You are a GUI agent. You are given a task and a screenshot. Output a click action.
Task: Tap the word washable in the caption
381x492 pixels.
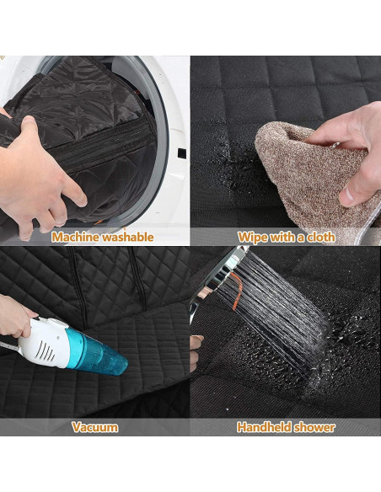click(x=129, y=237)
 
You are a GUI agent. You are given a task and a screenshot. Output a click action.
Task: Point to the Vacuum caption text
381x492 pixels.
click(x=94, y=427)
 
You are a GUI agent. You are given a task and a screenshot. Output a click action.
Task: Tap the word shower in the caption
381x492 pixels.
click(x=315, y=427)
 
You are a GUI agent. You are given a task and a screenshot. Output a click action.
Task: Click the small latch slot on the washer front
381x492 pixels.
click(x=181, y=153)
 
